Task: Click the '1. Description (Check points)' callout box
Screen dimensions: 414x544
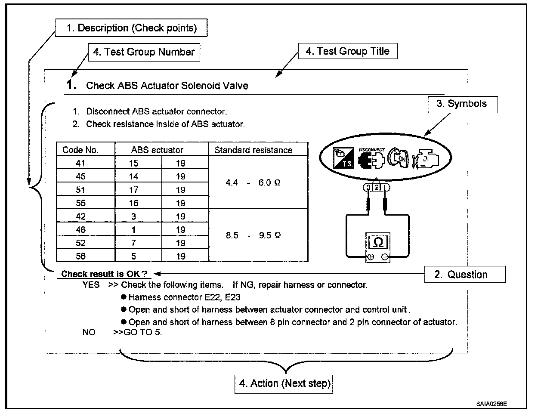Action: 131,28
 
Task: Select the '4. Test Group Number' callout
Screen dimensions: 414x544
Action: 144,52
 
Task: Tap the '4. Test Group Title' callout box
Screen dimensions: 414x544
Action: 347,51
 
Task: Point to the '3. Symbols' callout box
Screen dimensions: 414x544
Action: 462,104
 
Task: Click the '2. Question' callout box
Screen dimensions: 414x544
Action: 464,275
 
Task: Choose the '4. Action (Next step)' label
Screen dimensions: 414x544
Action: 284,383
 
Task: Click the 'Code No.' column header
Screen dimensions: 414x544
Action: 80,150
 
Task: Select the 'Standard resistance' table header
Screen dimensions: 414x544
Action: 253,150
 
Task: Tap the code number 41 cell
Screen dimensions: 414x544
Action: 80,163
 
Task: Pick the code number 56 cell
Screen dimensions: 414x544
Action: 80,256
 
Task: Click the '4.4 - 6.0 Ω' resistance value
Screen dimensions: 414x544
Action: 253,183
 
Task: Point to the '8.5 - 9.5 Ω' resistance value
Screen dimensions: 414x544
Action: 253,236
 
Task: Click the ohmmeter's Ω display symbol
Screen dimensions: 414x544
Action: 378,243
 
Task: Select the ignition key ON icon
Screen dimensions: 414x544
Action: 397,158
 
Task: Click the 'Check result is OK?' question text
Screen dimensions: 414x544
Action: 104,274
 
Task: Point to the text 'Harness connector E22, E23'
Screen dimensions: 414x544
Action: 184,297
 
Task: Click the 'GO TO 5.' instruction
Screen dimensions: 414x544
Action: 142,332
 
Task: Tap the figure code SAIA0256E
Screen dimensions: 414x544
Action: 491,404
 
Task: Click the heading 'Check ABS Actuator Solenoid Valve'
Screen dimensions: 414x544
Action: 167,86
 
